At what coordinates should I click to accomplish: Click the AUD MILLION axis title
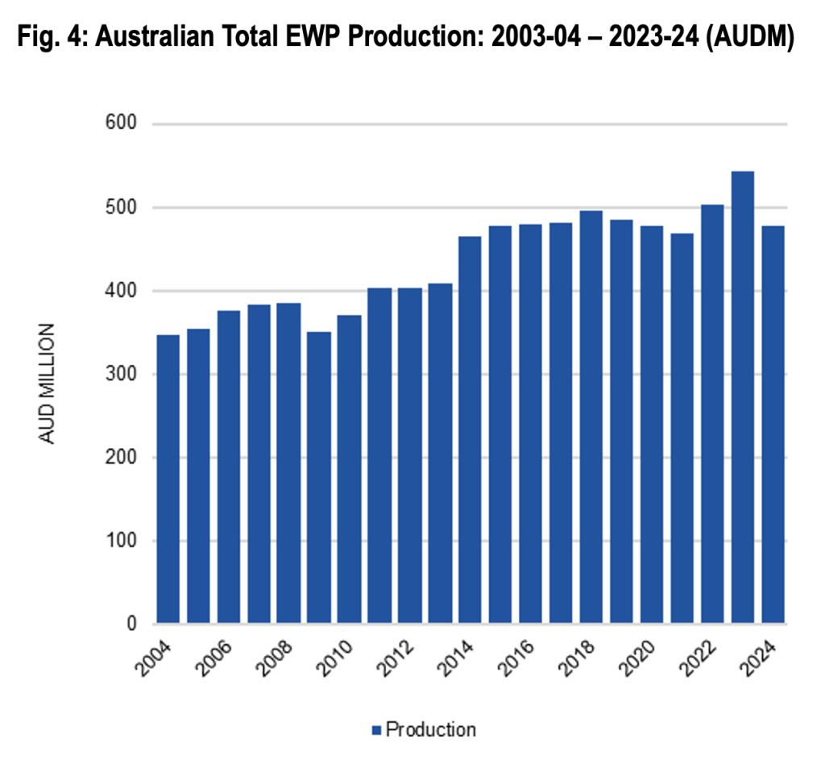48,384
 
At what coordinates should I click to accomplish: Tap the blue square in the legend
375,731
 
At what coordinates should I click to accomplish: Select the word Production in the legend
431,730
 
